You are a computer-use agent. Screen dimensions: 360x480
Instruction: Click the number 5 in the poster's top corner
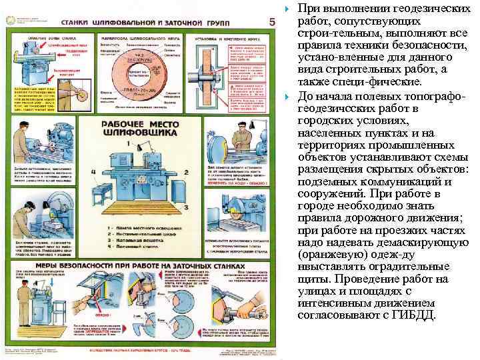(x=271, y=21)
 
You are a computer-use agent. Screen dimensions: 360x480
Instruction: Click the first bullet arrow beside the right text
(x=288, y=9)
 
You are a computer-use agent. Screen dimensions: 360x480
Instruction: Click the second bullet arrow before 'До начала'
(x=288, y=97)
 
